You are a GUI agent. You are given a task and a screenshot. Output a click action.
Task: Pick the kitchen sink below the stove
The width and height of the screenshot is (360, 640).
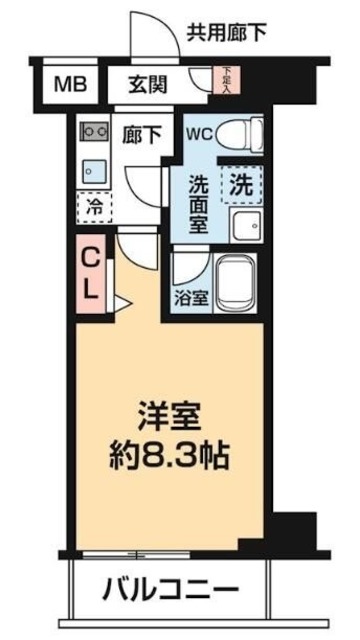(x=94, y=169)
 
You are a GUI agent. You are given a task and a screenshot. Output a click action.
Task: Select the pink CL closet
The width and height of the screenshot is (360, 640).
(x=89, y=272)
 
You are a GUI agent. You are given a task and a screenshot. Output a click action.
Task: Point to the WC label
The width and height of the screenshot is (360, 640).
(x=197, y=131)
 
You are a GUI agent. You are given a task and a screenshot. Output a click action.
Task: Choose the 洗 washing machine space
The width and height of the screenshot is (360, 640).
(x=241, y=184)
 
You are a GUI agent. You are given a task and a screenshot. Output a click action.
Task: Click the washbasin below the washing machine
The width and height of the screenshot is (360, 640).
(x=243, y=225)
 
